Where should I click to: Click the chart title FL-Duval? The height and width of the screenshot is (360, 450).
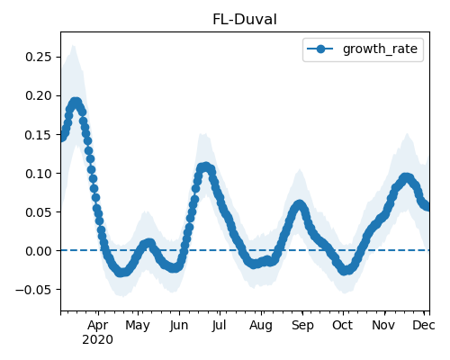[x=245, y=20]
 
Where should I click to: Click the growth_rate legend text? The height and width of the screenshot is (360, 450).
[x=380, y=49]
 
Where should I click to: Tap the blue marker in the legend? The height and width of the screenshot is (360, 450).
[x=320, y=49]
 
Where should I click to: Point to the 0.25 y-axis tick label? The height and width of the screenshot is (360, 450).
[x=39, y=57]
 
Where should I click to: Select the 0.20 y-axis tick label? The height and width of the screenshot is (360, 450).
[x=39, y=95]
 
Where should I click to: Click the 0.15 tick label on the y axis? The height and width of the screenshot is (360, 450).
[x=39, y=135]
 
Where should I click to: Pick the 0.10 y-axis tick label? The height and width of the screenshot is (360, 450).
[x=39, y=174]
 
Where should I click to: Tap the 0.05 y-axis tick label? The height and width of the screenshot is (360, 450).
[x=39, y=212]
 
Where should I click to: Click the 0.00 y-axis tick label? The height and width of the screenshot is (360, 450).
[x=39, y=251]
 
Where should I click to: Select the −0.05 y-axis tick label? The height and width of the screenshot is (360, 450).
[x=33, y=290]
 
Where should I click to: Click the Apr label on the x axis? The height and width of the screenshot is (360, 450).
[x=98, y=326]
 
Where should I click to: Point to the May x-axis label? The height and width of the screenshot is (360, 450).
[x=138, y=326]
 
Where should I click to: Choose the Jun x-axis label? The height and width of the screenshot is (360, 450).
[x=179, y=326]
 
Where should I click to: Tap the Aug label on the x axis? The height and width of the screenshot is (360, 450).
[x=261, y=326]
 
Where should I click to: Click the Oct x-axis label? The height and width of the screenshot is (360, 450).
[x=342, y=325]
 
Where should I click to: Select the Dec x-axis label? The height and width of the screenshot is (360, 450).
[x=424, y=325]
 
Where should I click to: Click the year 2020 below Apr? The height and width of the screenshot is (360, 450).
[x=97, y=340]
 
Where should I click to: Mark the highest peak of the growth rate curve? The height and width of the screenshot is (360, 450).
[x=76, y=103]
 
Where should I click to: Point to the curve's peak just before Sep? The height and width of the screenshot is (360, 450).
[x=299, y=205]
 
